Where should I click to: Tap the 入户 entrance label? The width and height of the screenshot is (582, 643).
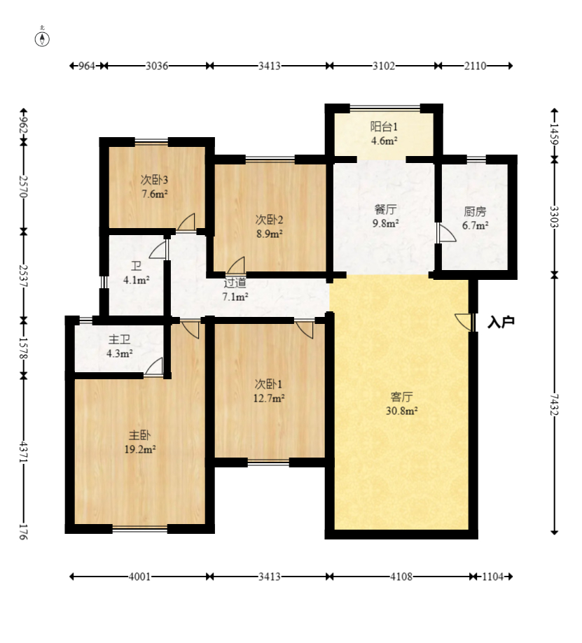pyautogui.click(x=501, y=323)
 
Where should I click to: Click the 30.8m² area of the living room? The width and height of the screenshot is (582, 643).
pyautogui.click(x=401, y=411)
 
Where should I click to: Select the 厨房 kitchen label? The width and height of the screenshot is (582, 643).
pyautogui.click(x=475, y=211)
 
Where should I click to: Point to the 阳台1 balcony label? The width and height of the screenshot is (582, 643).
pyautogui.click(x=384, y=127)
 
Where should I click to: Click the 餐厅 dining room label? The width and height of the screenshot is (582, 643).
pyautogui.click(x=385, y=209)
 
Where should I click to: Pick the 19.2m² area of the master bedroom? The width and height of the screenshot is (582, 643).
pyautogui.click(x=139, y=449)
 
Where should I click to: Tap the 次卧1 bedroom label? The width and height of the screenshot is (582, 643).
pyautogui.click(x=268, y=384)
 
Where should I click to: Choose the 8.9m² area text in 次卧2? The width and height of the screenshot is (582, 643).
pyautogui.click(x=269, y=234)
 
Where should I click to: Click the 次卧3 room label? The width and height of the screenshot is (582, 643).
pyautogui.click(x=154, y=180)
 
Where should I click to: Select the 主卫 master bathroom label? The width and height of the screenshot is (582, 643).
pyautogui.click(x=120, y=339)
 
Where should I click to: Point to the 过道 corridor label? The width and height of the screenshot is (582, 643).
pyautogui.click(x=235, y=283)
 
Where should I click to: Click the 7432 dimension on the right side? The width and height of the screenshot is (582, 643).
pyautogui.click(x=555, y=404)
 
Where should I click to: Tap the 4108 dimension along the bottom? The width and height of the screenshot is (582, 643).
pyautogui.click(x=401, y=577)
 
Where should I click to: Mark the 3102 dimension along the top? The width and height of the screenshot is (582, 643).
pyautogui.click(x=384, y=66)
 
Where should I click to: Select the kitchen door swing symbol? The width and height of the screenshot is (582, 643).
pyautogui.click(x=447, y=232)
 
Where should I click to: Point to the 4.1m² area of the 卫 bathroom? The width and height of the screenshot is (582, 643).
pyautogui.click(x=137, y=281)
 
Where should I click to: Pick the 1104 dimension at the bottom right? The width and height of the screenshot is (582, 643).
pyautogui.click(x=492, y=577)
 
